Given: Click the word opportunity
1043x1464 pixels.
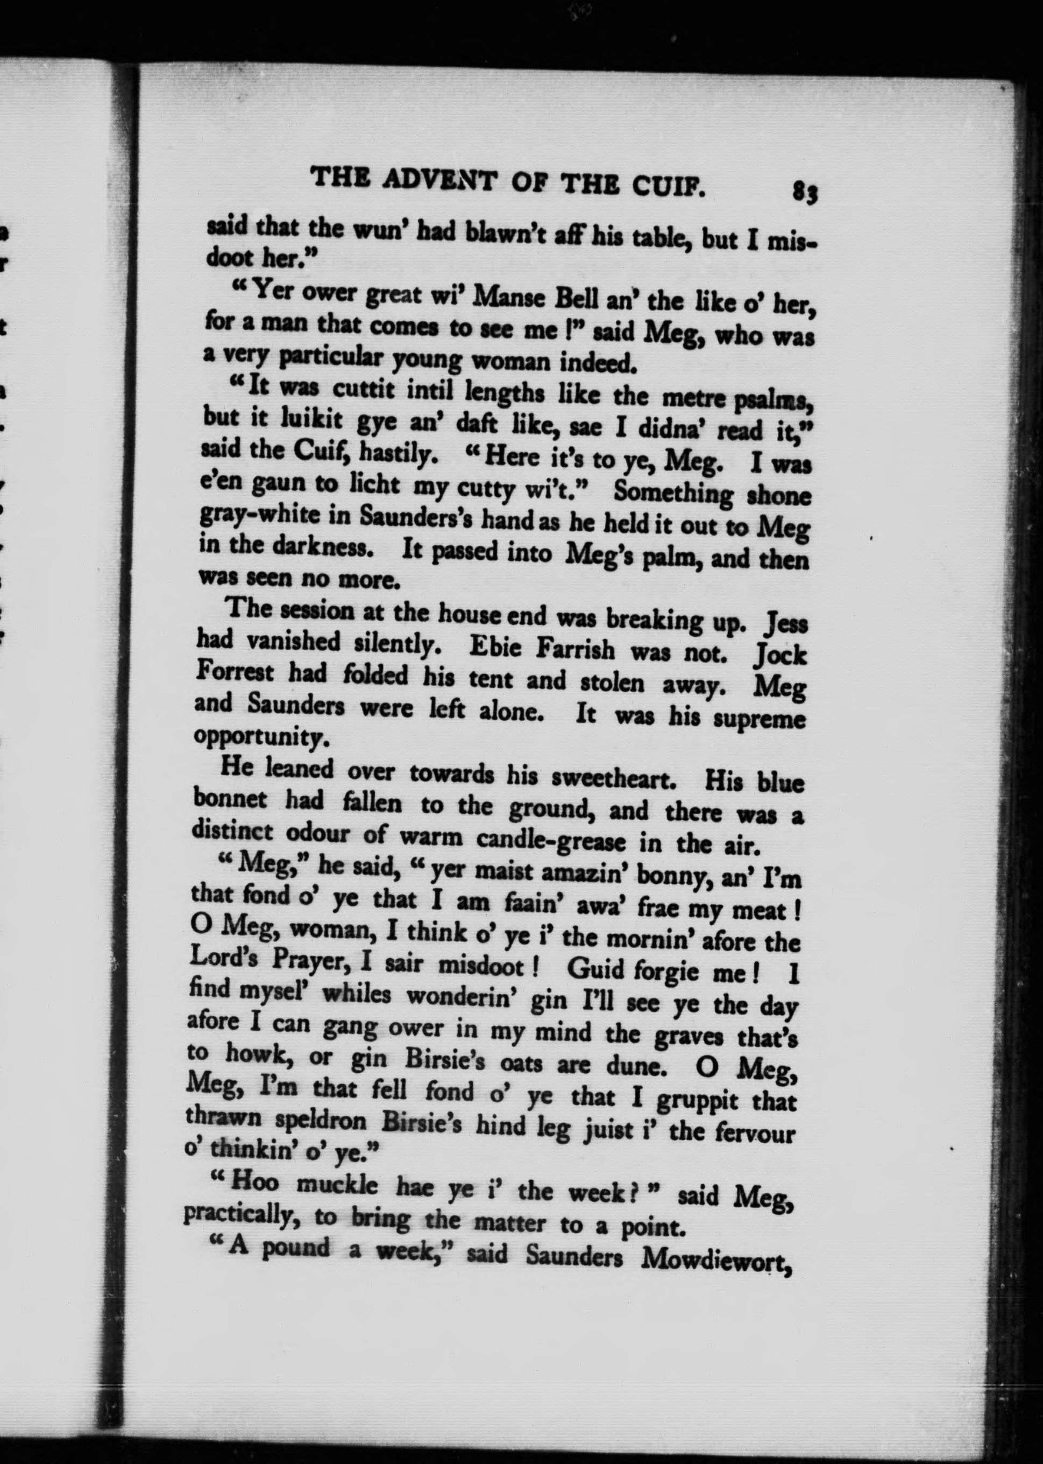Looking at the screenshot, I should [x=262, y=738].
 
